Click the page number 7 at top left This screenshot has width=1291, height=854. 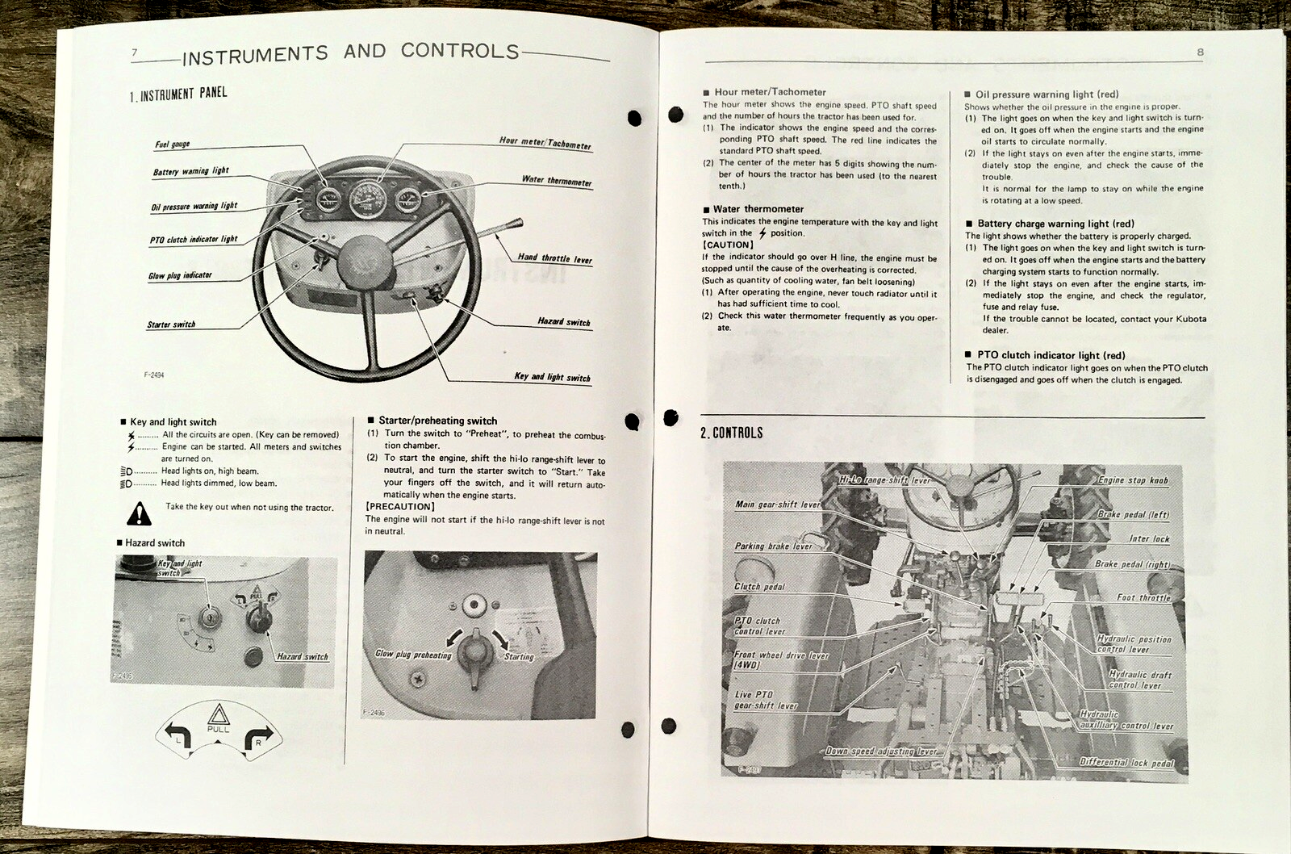click(x=135, y=53)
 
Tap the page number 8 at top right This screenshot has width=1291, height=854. click(x=1200, y=53)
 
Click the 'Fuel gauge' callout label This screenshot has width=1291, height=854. click(x=173, y=144)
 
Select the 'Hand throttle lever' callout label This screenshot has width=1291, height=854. click(x=554, y=258)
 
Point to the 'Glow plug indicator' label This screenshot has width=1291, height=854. click(x=179, y=275)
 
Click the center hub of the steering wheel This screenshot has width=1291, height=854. click(x=361, y=264)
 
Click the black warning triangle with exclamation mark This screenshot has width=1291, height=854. click(x=140, y=513)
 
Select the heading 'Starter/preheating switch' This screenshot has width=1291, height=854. click(x=437, y=421)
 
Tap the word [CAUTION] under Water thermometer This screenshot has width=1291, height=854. click(x=728, y=245)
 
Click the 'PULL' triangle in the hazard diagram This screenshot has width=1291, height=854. click(x=218, y=716)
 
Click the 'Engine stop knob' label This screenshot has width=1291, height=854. click(x=1132, y=480)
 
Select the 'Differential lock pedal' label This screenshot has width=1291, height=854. click(x=1126, y=762)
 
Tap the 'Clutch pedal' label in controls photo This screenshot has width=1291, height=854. click(x=758, y=587)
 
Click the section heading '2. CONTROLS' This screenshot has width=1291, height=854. click(x=731, y=433)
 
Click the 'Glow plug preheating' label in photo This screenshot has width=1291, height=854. click(x=413, y=655)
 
